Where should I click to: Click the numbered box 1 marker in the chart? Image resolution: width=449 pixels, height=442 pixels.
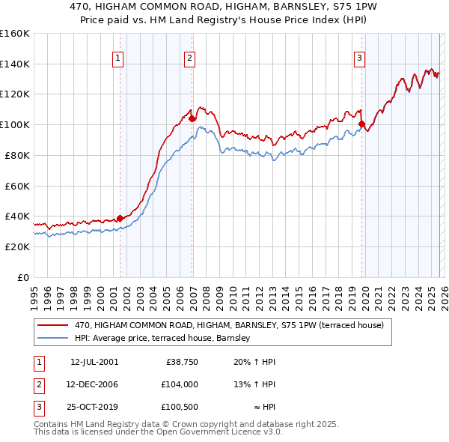[x=119, y=58]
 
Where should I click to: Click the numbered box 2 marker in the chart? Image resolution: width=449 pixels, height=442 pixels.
[x=190, y=58]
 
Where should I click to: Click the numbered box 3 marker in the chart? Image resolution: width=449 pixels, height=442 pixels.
[x=360, y=58]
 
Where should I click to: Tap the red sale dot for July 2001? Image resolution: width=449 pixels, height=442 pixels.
[x=120, y=218]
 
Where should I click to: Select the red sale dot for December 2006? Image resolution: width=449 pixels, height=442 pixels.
[x=192, y=118]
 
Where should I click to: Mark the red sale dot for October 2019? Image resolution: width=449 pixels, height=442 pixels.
[x=361, y=124]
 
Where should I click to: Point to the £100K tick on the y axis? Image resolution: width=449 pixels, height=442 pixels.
[x=15, y=124]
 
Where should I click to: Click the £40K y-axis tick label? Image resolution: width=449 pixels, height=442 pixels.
[x=17, y=216]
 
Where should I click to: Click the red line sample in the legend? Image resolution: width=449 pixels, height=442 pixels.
[x=54, y=325]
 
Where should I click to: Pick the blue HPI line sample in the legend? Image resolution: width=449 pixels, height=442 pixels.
[x=54, y=339]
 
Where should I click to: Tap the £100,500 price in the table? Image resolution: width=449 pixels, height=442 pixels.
[x=180, y=408]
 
